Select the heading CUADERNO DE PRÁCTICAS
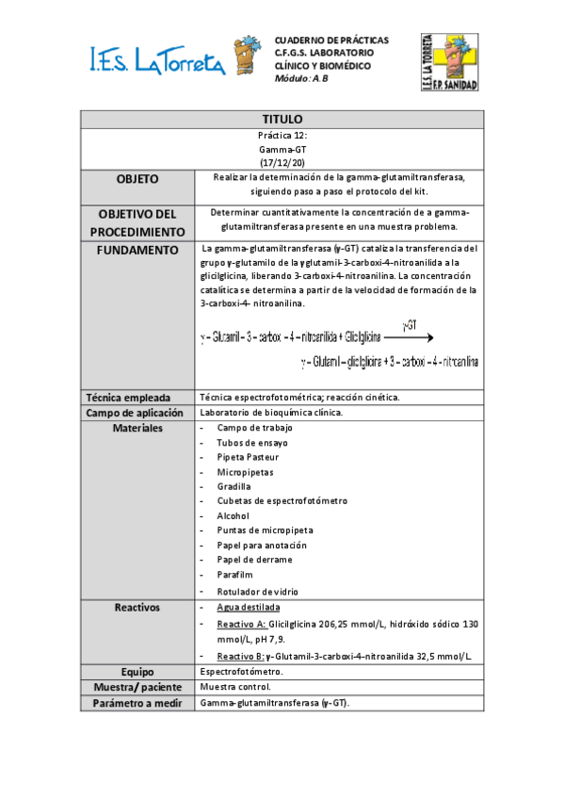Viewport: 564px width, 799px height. [x=330, y=41]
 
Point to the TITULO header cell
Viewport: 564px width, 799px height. [x=282, y=120]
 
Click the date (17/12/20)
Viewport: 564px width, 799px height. [x=282, y=163]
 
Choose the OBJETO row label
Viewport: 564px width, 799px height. [x=137, y=179]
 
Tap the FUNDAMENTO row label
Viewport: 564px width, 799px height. [x=137, y=251]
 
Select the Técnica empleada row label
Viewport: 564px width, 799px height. [x=137, y=398]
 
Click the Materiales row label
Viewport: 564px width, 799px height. [x=137, y=428]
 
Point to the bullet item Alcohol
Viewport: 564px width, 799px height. [x=234, y=516]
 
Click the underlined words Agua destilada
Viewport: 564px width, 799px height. [x=249, y=609]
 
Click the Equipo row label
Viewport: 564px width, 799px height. [x=137, y=672]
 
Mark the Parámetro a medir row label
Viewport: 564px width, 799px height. [x=137, y=703]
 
